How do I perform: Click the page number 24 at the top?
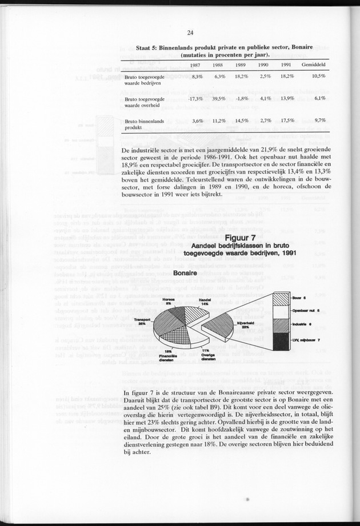pos(190,33)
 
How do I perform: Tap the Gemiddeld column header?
pos(313,65)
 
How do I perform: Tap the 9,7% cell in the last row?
pos(319,121)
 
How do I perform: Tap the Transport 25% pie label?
pos(141,322)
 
